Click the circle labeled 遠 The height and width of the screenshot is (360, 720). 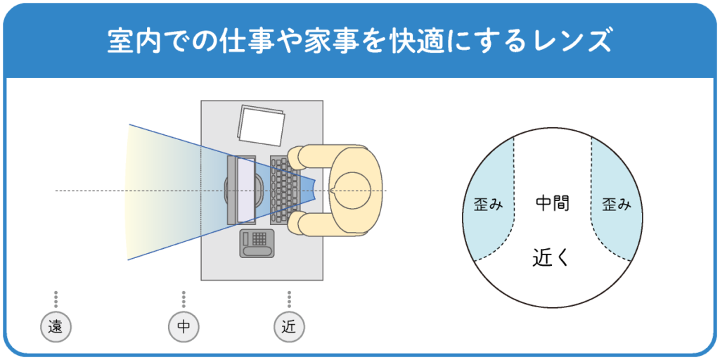56,326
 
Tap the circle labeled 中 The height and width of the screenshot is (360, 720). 184,326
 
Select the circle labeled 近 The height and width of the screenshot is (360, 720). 288,326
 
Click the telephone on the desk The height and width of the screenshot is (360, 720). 257,243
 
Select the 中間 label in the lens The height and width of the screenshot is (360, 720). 552,204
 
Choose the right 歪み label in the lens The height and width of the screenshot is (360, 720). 617,205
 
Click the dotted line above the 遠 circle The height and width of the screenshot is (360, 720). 56,300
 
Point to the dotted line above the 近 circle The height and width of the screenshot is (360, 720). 288,300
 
